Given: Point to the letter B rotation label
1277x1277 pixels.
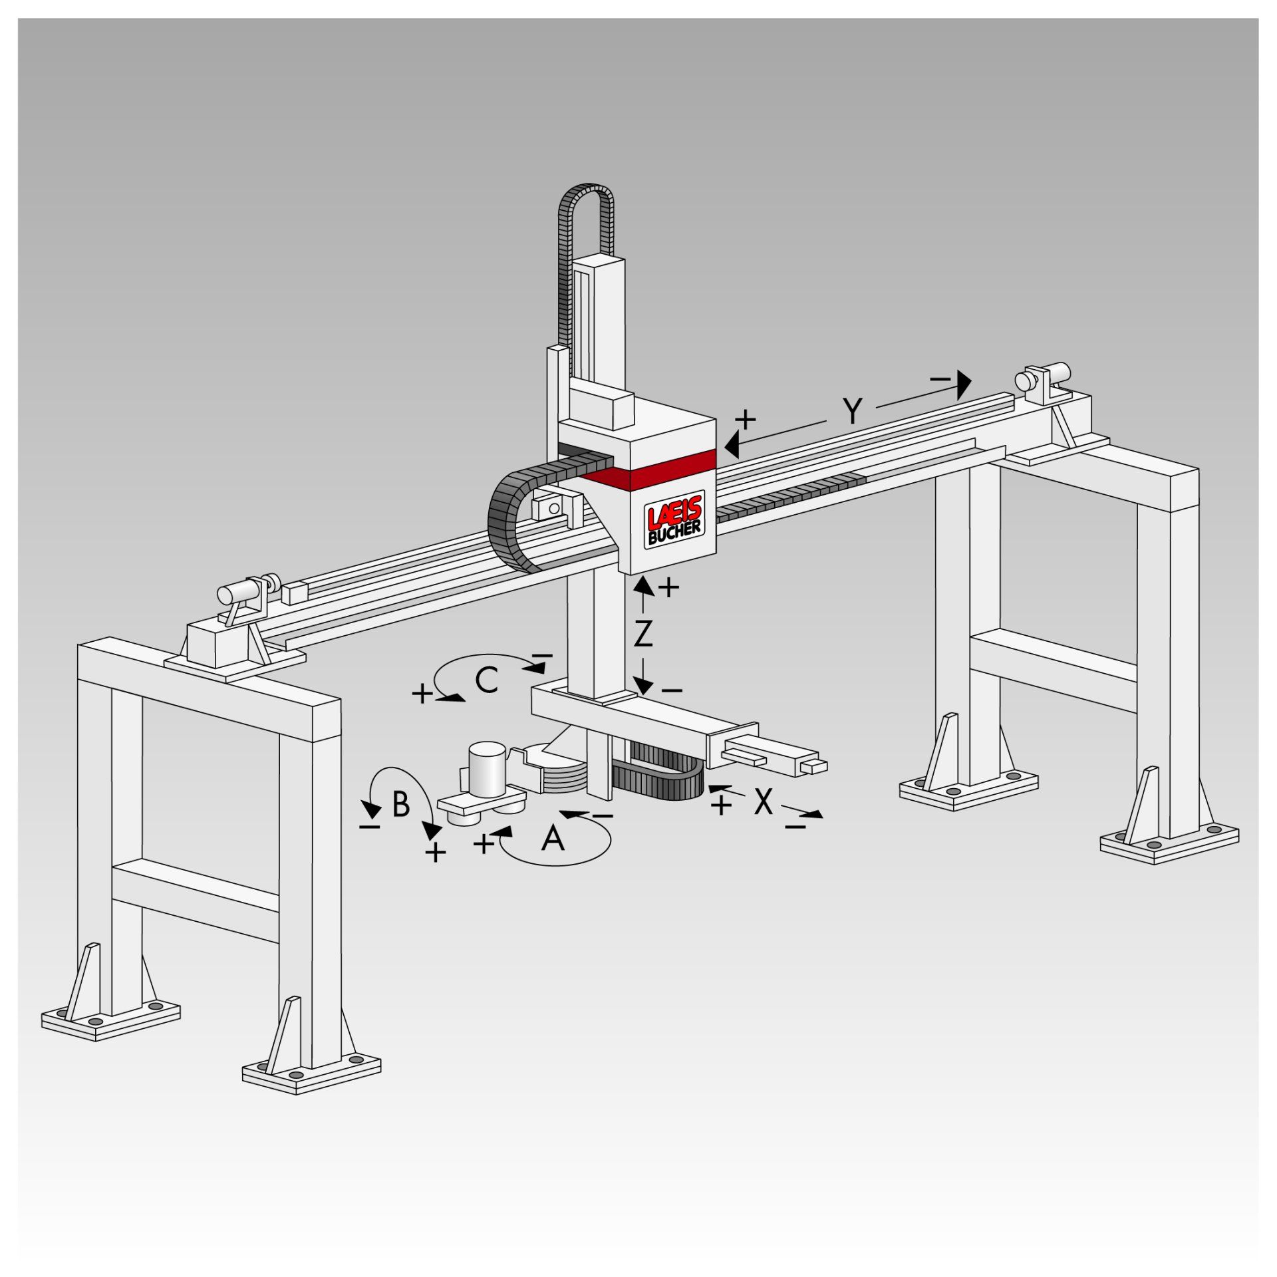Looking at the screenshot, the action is point(400,804).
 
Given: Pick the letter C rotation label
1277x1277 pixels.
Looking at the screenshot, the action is point(488,680).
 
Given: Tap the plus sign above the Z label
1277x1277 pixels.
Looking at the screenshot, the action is point(668,587).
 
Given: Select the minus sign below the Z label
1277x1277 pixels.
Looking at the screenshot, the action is point(672,691).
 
